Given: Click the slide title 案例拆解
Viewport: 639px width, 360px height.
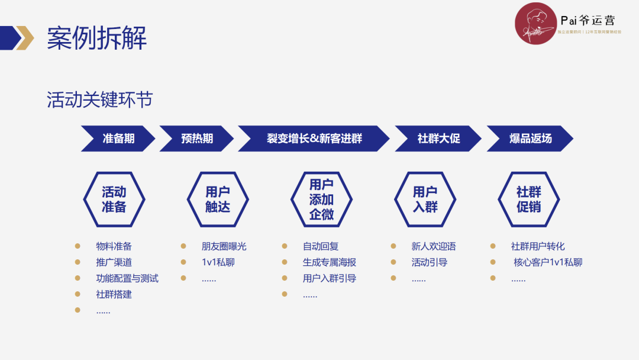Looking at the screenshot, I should tap(96, 38).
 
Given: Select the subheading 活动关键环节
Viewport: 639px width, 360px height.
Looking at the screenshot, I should tap(99, 99).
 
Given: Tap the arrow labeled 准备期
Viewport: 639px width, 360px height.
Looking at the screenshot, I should tap(118, 139).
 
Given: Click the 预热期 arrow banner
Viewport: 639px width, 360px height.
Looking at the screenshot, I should tap(197, 139).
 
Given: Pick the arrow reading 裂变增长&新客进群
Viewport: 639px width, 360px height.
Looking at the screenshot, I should tap(314, 139).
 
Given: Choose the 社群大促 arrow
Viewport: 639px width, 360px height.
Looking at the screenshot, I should tap(438, 139).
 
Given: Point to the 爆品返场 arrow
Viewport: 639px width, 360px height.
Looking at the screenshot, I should tap(530, 139).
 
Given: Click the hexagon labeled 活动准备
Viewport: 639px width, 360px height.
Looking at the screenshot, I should tap(114, 200).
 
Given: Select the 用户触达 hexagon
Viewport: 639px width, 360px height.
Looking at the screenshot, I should tap(217, 200).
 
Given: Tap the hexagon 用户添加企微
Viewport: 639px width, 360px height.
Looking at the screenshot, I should tap(321, 200).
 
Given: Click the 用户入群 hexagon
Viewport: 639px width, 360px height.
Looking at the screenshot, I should tap(425, 200).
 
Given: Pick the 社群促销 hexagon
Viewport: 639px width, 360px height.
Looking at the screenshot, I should tap(528, 200).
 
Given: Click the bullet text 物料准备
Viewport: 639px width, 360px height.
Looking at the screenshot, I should tap(114, 246).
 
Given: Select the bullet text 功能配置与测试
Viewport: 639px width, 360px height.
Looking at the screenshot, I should tap(127, 278).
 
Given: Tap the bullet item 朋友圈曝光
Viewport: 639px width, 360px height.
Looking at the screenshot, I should tap(224, 246).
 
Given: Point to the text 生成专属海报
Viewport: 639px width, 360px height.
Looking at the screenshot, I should tap(330, 262).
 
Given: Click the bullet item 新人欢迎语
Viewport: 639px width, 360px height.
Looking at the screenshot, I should tap(434, 246).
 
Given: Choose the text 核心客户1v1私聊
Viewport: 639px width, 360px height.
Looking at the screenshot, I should tap(548, 262).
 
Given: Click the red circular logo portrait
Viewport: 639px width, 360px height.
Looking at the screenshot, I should tap(535, 24).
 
